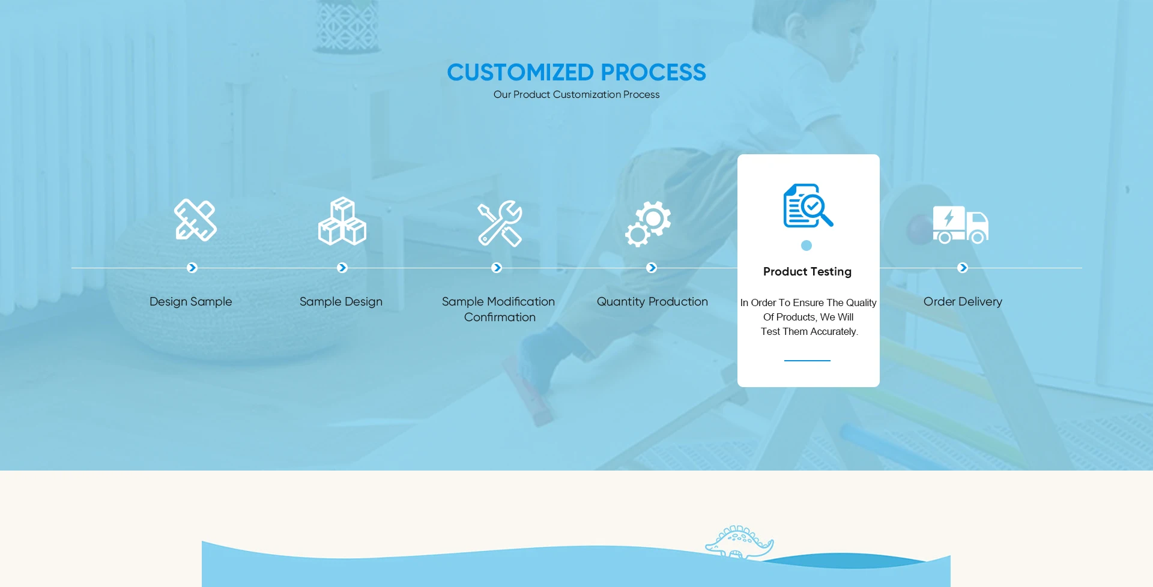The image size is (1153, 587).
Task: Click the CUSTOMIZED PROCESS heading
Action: [x=576, y=73]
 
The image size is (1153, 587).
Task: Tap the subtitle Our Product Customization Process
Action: [x=576, y=95]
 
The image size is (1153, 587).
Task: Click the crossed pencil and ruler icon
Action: [x=195, y=220]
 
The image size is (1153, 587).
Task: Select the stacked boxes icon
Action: [x=342, y=221]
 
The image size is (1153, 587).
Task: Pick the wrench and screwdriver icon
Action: [x=500, y=223]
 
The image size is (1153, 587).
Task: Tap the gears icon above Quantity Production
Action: [x=648, y=224]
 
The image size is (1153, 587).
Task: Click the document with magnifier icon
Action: [x=808, y=205]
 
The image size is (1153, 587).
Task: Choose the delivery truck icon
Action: [x=961, y=224]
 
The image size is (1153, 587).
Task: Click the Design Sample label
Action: [x=191, y=302]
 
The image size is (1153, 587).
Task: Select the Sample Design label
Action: [x=341, y=302]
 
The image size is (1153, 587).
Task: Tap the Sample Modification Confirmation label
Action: [x=499, y=309]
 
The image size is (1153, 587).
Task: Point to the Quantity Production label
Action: [x=652, y=302]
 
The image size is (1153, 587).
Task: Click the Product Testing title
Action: [x=808, y=272]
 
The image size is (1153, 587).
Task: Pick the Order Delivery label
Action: [x=963, y=302]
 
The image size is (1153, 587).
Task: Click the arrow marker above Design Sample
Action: [x=192, y=268]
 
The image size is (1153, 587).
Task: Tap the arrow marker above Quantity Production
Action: [x=652, y=268]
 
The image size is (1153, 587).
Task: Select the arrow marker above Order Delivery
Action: [x=963, y=268]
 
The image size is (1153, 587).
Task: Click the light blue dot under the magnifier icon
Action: [x=806, y=245]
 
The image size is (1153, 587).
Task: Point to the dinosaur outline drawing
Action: [x=739, y=542]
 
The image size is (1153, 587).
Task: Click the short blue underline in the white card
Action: [x=807, y=361]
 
